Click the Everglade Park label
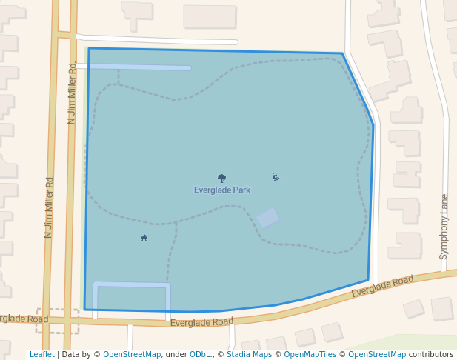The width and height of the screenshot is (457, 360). [x=222, y=190]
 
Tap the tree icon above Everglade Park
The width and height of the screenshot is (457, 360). [x=221, y=178]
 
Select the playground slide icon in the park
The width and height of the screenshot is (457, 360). [x=276, y=176]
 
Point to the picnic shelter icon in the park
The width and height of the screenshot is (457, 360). [x=144, y=238]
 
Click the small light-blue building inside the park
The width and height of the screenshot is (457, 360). [x=267, y=218]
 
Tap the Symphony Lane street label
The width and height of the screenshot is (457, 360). [x=444, y=226]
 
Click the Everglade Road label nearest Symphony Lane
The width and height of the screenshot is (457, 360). [x=382, y=286]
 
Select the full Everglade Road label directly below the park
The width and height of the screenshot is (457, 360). [x=201, y=322]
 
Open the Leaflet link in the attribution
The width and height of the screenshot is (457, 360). [x=41, y=355]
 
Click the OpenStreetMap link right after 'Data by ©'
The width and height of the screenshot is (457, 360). [x=131, y=355]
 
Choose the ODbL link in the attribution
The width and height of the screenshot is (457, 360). [x=201, y=355]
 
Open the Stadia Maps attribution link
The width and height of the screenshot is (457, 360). [x=249, y=355]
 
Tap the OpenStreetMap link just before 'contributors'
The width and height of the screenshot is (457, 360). [x=377, y=355]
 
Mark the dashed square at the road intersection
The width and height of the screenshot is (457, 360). [x=57, y=321]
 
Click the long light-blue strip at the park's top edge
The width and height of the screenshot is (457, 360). [x=137, y=67]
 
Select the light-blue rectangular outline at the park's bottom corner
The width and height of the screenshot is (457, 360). [x=131, y=284]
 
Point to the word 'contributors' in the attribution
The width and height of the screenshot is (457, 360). [x=430, y=355]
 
